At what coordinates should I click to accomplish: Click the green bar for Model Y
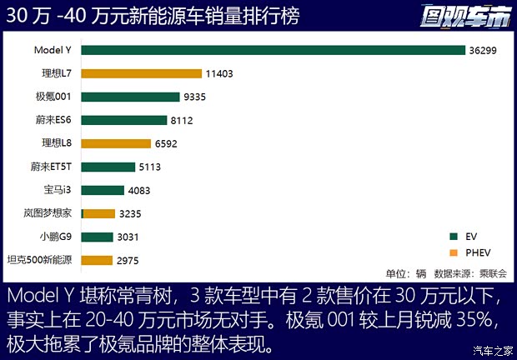pyautogui.click(x=273, y=50)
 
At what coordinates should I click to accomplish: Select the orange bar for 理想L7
pyautogui.click(x=142, y=73)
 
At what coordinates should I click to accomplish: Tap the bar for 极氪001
pyautogui.click(x=131, y=97)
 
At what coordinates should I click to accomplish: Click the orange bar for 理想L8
pyautogui.click(x=116, y=143)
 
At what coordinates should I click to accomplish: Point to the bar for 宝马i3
pyautogui.click(x=103, y=190)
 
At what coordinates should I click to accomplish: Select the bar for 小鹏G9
pyautogui.click(x=98, y=237)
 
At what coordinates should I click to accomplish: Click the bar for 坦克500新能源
pyautogui.click(x=97, y=260)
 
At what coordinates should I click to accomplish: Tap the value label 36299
pyautogui.click(x=484, y=50)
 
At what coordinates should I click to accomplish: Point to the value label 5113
pyautogui.click(x=152, y=167)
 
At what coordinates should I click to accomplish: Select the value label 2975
pyautogui.click(x=128, y=260)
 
